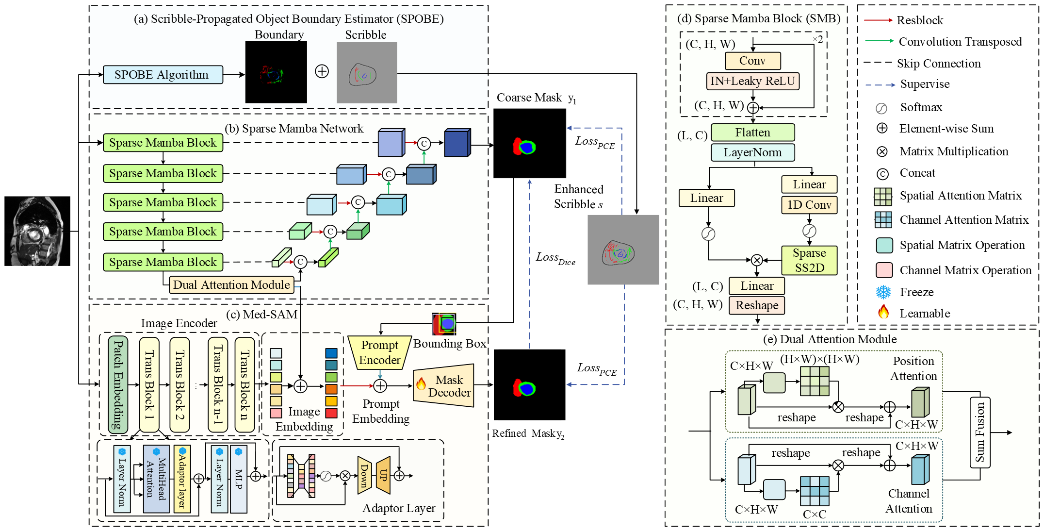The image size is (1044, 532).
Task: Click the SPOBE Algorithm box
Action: tap(163, 75)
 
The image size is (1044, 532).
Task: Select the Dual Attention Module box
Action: tap(231, 285)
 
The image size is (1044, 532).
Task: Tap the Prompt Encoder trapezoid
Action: tap(380, 353)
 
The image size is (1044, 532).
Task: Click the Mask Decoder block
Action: tap(444, 386)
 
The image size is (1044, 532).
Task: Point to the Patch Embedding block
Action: tap(118, 384)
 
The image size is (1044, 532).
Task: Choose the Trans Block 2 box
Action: tap(179, 384)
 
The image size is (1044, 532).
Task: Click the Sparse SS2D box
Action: tap(809, 261)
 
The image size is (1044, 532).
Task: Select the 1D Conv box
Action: tap(809, 205)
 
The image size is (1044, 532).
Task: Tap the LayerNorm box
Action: tap(752, 152)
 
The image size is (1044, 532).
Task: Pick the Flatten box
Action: tap(752, 133)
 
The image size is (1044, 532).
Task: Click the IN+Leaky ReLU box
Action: tap(752, 81)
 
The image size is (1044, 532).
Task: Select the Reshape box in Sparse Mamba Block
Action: tap(757, 305)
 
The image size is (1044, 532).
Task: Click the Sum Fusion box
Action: tap(980, 432)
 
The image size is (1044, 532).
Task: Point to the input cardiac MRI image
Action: tap(37, 231)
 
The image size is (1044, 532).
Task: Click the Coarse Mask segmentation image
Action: tap(529, 143)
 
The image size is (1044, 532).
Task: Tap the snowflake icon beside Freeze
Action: tap(883, 292)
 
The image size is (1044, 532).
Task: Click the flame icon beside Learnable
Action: tap(883, 312)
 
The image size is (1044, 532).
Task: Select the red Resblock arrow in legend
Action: tap(878, 20)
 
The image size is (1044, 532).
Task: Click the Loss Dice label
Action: tap(555, 258)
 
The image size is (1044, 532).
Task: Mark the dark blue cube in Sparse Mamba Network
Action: tap(457, 143)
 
